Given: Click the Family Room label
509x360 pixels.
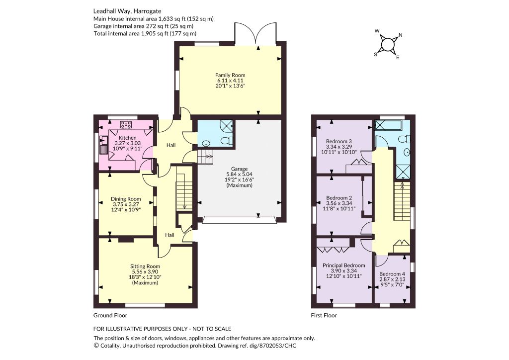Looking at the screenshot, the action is (x=230, y=75).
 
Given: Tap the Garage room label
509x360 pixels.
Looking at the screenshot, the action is (x=239, y=169).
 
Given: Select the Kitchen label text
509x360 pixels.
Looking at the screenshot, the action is (x=127, y=138).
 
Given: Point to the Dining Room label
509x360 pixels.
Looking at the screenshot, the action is (x=126, y=199).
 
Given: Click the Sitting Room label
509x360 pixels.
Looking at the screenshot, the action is (x=145, y=266).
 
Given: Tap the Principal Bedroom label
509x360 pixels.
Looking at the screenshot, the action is (x=344, y=266).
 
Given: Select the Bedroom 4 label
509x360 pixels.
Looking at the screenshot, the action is (x=392, y=274).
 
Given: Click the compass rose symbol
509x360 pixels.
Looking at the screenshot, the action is (x=387, y=44).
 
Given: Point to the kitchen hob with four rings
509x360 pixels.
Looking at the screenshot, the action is (x=126, y=125).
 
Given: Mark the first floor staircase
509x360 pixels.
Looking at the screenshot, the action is (x=402, y=201).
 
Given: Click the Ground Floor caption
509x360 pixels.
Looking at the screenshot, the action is (x=110, y=316).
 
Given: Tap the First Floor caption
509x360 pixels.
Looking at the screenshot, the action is (x=324, y=316).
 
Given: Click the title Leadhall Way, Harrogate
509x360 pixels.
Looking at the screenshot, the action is (x=127, y=11).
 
